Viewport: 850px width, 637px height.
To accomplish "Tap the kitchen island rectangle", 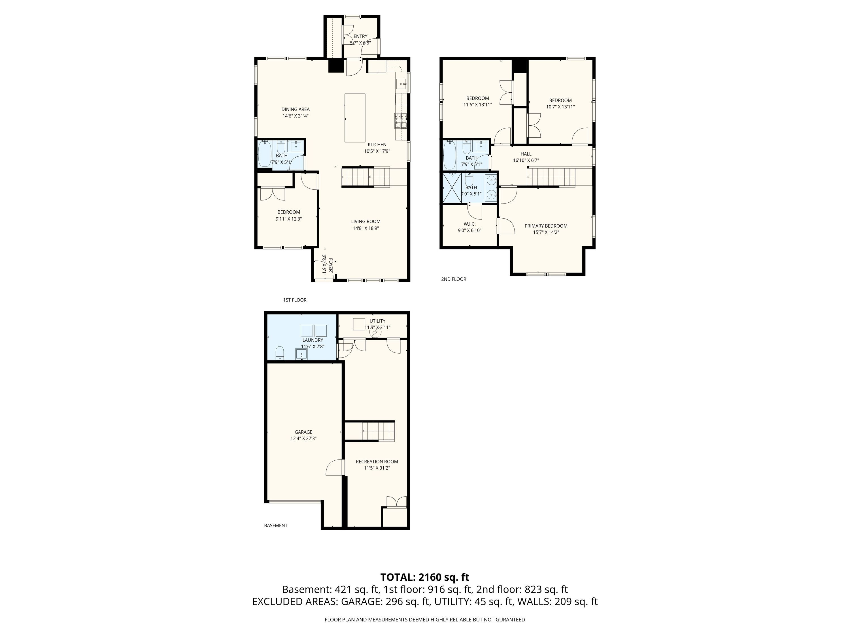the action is coord(355,118).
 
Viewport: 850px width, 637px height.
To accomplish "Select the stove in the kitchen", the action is coord(400,121).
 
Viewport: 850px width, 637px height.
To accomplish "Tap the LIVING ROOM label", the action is coord(366,222).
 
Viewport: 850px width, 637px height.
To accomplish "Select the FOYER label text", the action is coord(330,265).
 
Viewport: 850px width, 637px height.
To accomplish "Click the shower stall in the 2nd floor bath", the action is coord(452,187).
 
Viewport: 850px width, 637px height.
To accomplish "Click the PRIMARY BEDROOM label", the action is coord(546,226).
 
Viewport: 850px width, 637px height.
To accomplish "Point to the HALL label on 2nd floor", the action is coord(526,154).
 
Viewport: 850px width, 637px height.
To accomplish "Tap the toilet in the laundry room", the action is coord(280,353).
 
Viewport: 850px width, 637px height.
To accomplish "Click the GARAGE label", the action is coord(303,432).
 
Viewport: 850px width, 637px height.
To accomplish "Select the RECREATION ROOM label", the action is coord(377,461).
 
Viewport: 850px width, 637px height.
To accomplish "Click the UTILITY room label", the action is coord(377,321).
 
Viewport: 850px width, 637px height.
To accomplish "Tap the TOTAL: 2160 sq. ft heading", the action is coord(425,577).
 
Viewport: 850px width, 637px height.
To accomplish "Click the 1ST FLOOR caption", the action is coord(295,300).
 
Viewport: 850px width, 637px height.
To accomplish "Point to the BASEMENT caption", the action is coord(276,525).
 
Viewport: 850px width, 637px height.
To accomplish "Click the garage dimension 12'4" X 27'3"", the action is coord(303,439).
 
